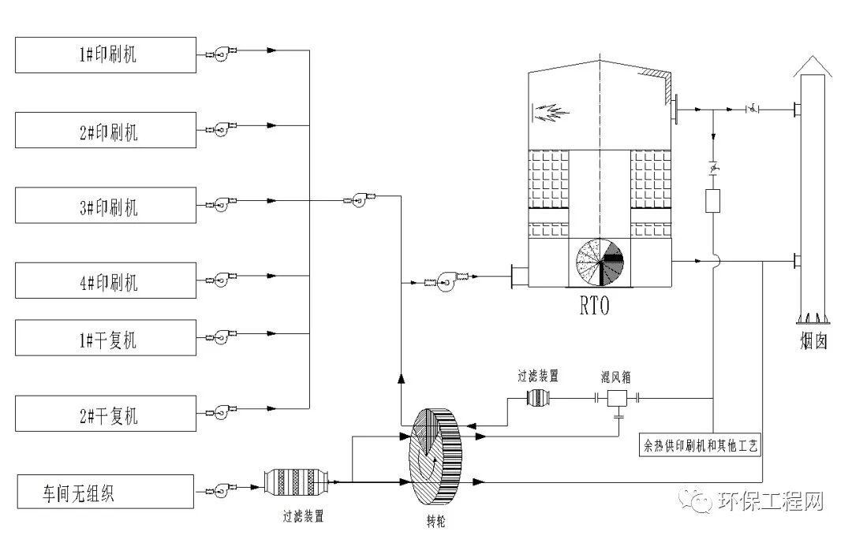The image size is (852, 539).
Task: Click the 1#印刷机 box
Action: [x=106, y=55]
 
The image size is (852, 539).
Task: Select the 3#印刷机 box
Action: [x=106, y=205]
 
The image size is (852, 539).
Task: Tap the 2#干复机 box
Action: [x=106, y=414]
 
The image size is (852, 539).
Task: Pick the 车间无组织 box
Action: [x=106, y=492]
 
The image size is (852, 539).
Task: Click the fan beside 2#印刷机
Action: [x=221, y=128]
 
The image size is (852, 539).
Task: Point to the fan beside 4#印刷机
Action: [x=221, y=279]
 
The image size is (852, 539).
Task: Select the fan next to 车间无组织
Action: [x=221, y=490]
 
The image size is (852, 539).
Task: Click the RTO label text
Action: [x=595, y=306]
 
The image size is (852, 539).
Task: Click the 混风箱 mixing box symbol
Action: [x=617, y=399]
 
